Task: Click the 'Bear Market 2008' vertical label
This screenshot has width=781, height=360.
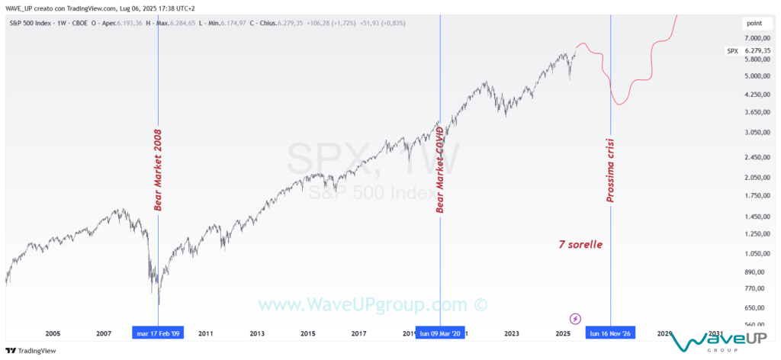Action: click(x=158, y=169)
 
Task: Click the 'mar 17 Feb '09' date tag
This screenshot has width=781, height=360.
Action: click(x=158, y=333)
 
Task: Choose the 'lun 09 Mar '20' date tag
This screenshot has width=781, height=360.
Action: click(x=440, y=333)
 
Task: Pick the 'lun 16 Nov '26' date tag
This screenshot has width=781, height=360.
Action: click(x=610, y=333)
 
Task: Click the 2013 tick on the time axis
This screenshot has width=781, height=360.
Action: click(x=257, y=333)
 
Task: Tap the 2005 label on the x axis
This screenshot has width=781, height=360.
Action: click(x=53, y=333)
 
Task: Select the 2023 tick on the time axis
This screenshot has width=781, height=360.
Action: click(x=512, y=333)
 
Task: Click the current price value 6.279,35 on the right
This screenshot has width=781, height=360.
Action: click(x=760, y=51)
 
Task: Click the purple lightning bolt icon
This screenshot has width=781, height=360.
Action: click(x=576, y=318)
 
